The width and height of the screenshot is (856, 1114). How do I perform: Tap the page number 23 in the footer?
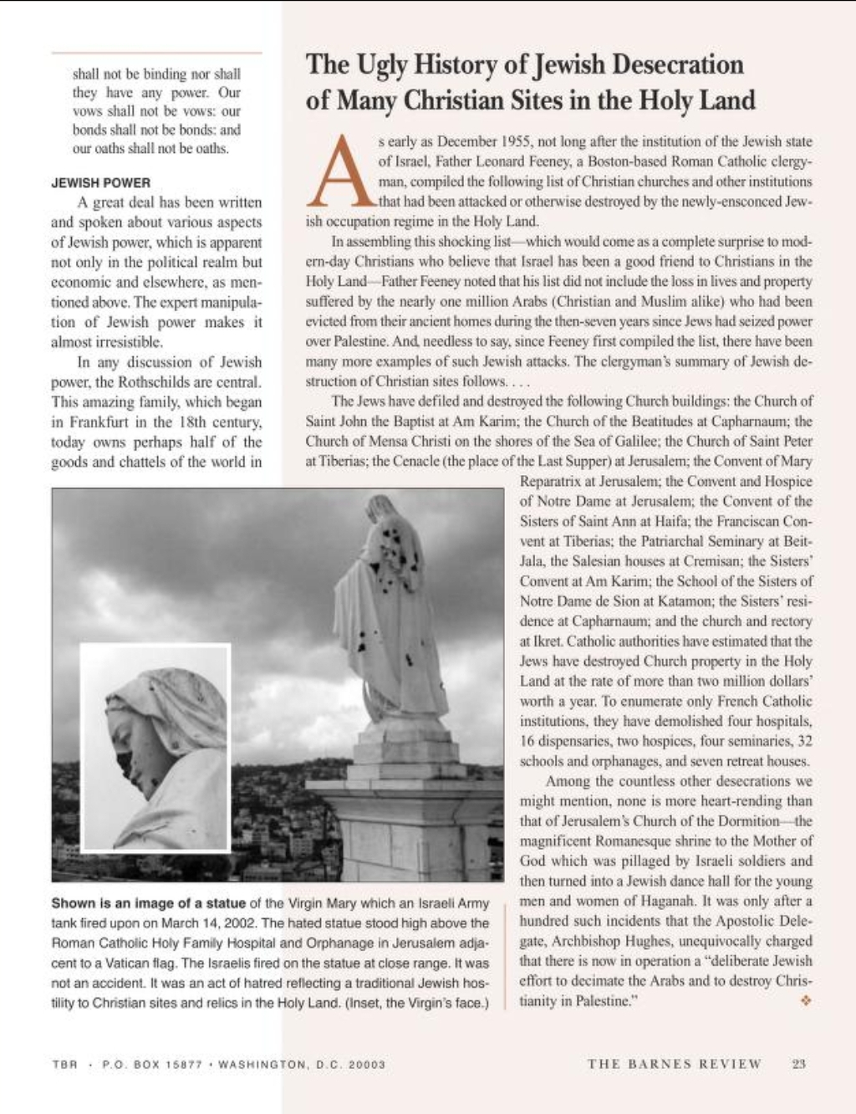tap(798, 1064)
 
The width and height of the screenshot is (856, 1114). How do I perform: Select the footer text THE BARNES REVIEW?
tap(675, 1064)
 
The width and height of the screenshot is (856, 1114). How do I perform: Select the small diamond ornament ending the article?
tap(806, 1000)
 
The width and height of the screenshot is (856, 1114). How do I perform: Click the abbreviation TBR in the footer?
tap(64, 1065)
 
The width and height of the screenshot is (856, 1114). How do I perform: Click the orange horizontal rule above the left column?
tap(156, 54)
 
